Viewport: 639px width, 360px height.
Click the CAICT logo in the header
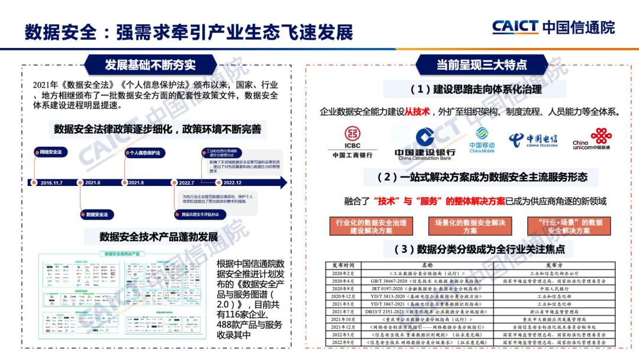[553, 27]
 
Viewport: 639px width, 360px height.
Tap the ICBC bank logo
[352, 142]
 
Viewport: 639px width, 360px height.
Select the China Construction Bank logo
[425, 144]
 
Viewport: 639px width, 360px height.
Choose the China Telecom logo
[532, 140]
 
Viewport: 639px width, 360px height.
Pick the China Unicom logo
[592, 139]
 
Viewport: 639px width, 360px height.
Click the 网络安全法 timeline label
[50, 152]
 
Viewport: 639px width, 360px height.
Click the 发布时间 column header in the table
[343, 265]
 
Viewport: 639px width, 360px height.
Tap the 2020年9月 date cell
[343, 288]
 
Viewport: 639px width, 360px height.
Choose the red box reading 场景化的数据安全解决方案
[470, 226]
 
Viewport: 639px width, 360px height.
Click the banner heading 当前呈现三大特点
[482, 64]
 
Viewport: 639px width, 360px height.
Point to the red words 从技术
[417, 112]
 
